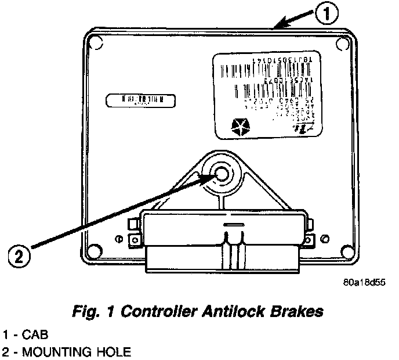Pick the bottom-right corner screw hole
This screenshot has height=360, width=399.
[x=346, y=251]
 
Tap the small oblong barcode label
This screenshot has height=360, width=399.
[x=140, y=100]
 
